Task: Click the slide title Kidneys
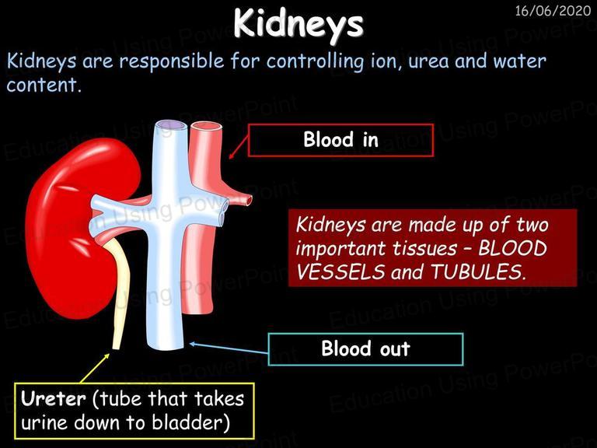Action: coord(298,23)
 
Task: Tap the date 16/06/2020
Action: coord(553,11)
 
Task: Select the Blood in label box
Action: coord(340,140)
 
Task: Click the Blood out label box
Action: coord(365,349)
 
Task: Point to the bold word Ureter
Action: coord(54,399)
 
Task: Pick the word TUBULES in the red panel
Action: coord(478,272)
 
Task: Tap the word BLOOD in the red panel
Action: coord(512,249)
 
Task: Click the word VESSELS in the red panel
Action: coord(340,272)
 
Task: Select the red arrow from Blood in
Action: coord(239,148)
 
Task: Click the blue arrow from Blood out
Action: coord(229,348)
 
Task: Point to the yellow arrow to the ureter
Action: coord(95,368)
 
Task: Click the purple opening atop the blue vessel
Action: coord(171,126)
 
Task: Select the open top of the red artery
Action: coord(206,127)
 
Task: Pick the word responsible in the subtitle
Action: coord(172,61)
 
